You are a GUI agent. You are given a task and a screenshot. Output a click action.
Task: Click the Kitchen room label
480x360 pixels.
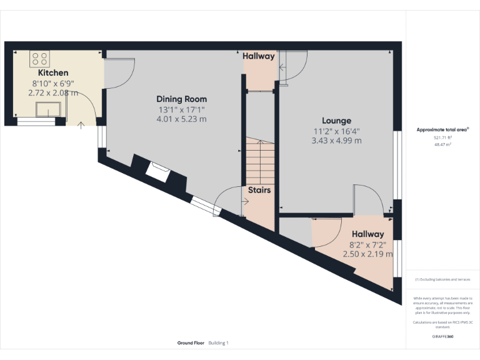pos(53,73)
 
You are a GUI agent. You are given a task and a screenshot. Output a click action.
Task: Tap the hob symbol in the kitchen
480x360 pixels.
pos(40,59)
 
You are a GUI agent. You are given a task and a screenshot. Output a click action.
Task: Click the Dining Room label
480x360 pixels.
pos(181,99)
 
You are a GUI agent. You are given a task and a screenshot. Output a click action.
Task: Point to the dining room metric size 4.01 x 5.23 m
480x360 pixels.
pos(181,119)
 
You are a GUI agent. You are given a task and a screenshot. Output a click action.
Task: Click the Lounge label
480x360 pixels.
pos(336,121)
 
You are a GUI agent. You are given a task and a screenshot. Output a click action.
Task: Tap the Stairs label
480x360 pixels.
pos(259,189)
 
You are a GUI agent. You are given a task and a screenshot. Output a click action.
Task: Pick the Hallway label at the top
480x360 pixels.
pos(259,56)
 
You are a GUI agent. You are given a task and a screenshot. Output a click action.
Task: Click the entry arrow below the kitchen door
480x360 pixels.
pos(81,126)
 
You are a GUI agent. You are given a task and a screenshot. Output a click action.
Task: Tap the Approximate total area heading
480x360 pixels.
pos(442,130)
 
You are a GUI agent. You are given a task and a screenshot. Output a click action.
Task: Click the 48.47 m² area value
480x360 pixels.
pos(442,144)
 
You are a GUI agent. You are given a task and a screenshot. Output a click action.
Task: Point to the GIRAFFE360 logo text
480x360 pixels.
pos(442,337)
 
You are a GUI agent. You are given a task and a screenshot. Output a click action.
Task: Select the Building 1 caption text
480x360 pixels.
pos(219,343)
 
